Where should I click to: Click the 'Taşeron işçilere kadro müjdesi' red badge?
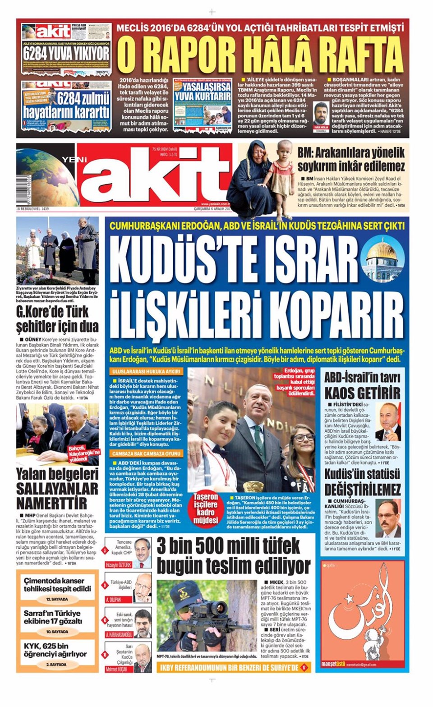[x=205, y=508]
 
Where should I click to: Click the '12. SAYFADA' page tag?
[x=57, y=599]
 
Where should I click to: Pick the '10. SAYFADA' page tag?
[x=57, y=632]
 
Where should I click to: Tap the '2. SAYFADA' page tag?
[x=57, y=665]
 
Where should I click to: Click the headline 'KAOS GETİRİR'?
[x=363, y=392]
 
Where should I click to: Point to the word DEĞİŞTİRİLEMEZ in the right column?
[x=363, y=489]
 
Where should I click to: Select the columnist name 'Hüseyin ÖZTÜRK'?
[x=119, y=564]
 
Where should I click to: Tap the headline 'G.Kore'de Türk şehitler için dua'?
[x=57, y=319]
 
